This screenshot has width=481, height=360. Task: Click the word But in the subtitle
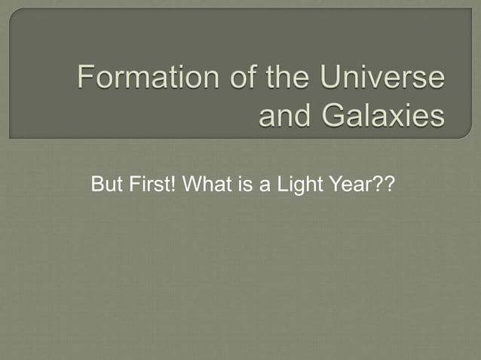tap(104, 184)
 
